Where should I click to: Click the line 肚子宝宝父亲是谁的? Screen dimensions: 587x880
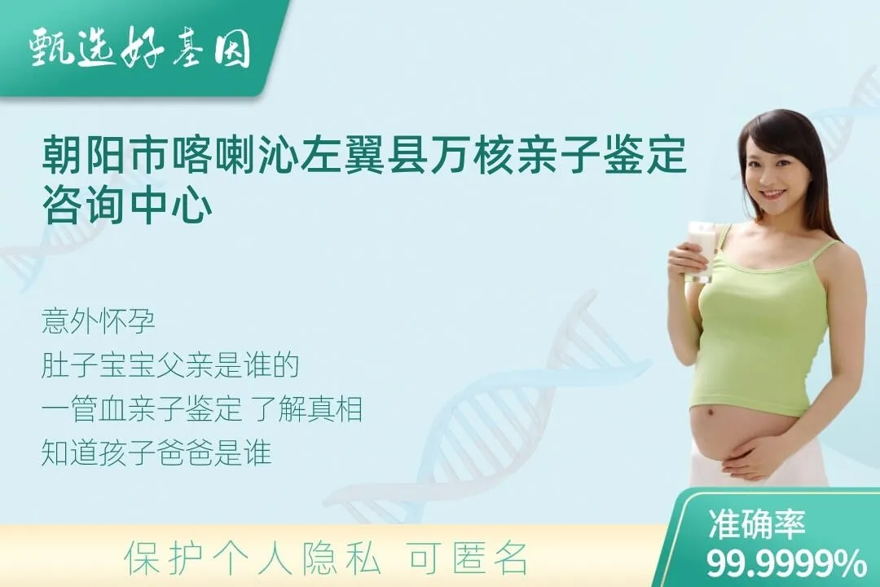pyautogui.click(x=170, y=366)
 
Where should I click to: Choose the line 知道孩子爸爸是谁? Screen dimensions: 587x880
pyautogui.click(x=156, y=453)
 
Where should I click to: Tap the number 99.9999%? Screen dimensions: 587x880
pyautogui.click(x=786, y=563)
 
